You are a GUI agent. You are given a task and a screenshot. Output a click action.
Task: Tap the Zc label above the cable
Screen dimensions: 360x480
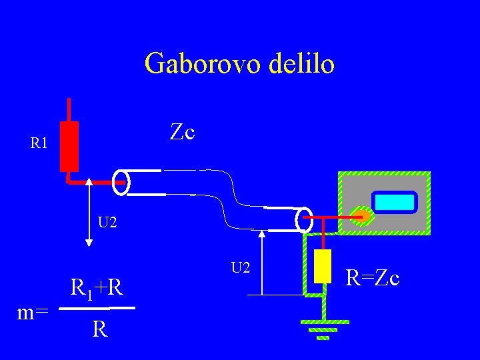pyautogui.click(x=182, y=132)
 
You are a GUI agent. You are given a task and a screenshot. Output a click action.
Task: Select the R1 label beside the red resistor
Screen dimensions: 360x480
pyautogui.click(x=39, y=143)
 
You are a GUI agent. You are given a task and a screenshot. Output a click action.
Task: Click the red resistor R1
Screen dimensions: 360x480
pyautogui.click(x=69, y=146)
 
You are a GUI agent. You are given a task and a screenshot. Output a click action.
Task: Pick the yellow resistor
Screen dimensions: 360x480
pyautogui.click(x=323, y=266)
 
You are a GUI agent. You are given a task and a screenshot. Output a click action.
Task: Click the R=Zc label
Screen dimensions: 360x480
pyautogui.click(x=373, y=277)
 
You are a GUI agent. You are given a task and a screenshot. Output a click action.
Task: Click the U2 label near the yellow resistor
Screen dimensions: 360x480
pyautogui.click(x=241, y=268)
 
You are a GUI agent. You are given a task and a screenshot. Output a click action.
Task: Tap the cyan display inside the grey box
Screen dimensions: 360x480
pyautogui.click(x=394, y=202)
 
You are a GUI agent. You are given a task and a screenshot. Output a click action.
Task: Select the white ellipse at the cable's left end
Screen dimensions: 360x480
pyautogui.click(x=121, y=182)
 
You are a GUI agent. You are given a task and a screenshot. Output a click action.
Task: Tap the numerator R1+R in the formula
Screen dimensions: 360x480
pyautogui.click(x=96, y=289)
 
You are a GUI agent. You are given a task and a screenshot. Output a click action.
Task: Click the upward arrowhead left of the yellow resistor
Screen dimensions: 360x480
pyautogui.click(x=262, y=235)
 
